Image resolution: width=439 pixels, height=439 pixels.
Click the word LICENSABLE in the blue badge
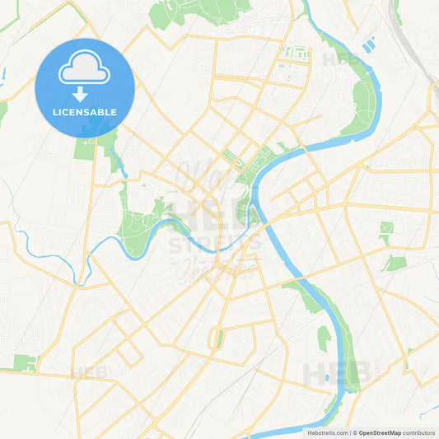point(84,112)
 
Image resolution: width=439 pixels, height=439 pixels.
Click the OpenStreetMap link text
point(379,432)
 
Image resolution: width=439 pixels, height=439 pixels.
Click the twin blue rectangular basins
point(368,44)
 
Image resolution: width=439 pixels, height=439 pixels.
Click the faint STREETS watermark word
point(216,245)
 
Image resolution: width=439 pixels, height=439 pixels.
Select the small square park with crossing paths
point(385,228)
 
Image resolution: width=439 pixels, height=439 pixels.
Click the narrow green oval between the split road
point(218,338)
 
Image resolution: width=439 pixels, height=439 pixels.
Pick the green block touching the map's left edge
point(25,362)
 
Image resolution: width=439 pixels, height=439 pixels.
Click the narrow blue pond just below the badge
point(120,164)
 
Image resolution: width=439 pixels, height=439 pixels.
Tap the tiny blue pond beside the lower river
point(328,378)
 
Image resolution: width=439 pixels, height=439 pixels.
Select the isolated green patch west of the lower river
point(324,337)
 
